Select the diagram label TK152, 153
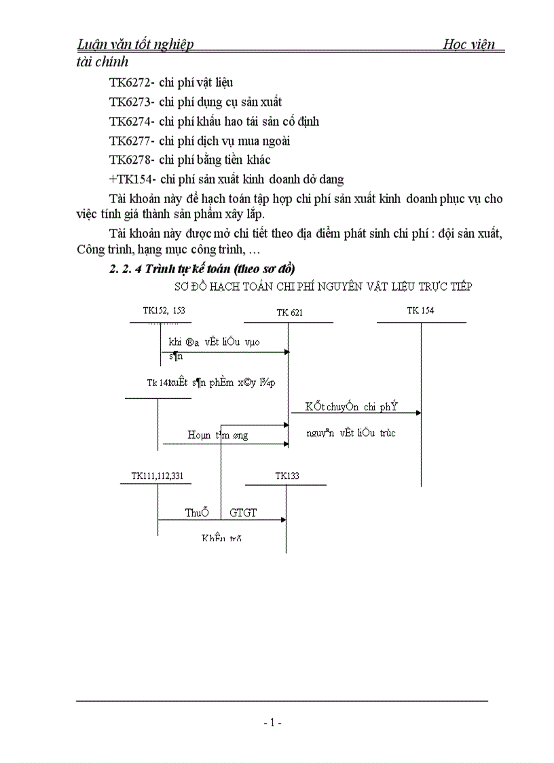point(164,310)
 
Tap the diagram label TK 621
point(289,313)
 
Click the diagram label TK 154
point(420,310)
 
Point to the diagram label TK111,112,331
point(157,476)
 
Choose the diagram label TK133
point(287,476)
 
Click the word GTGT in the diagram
point(243,513)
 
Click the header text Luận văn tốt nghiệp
point(136,45)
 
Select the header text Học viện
point(469,45)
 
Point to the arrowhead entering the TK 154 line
point(418,412)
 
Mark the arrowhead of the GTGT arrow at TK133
point(284,520)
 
